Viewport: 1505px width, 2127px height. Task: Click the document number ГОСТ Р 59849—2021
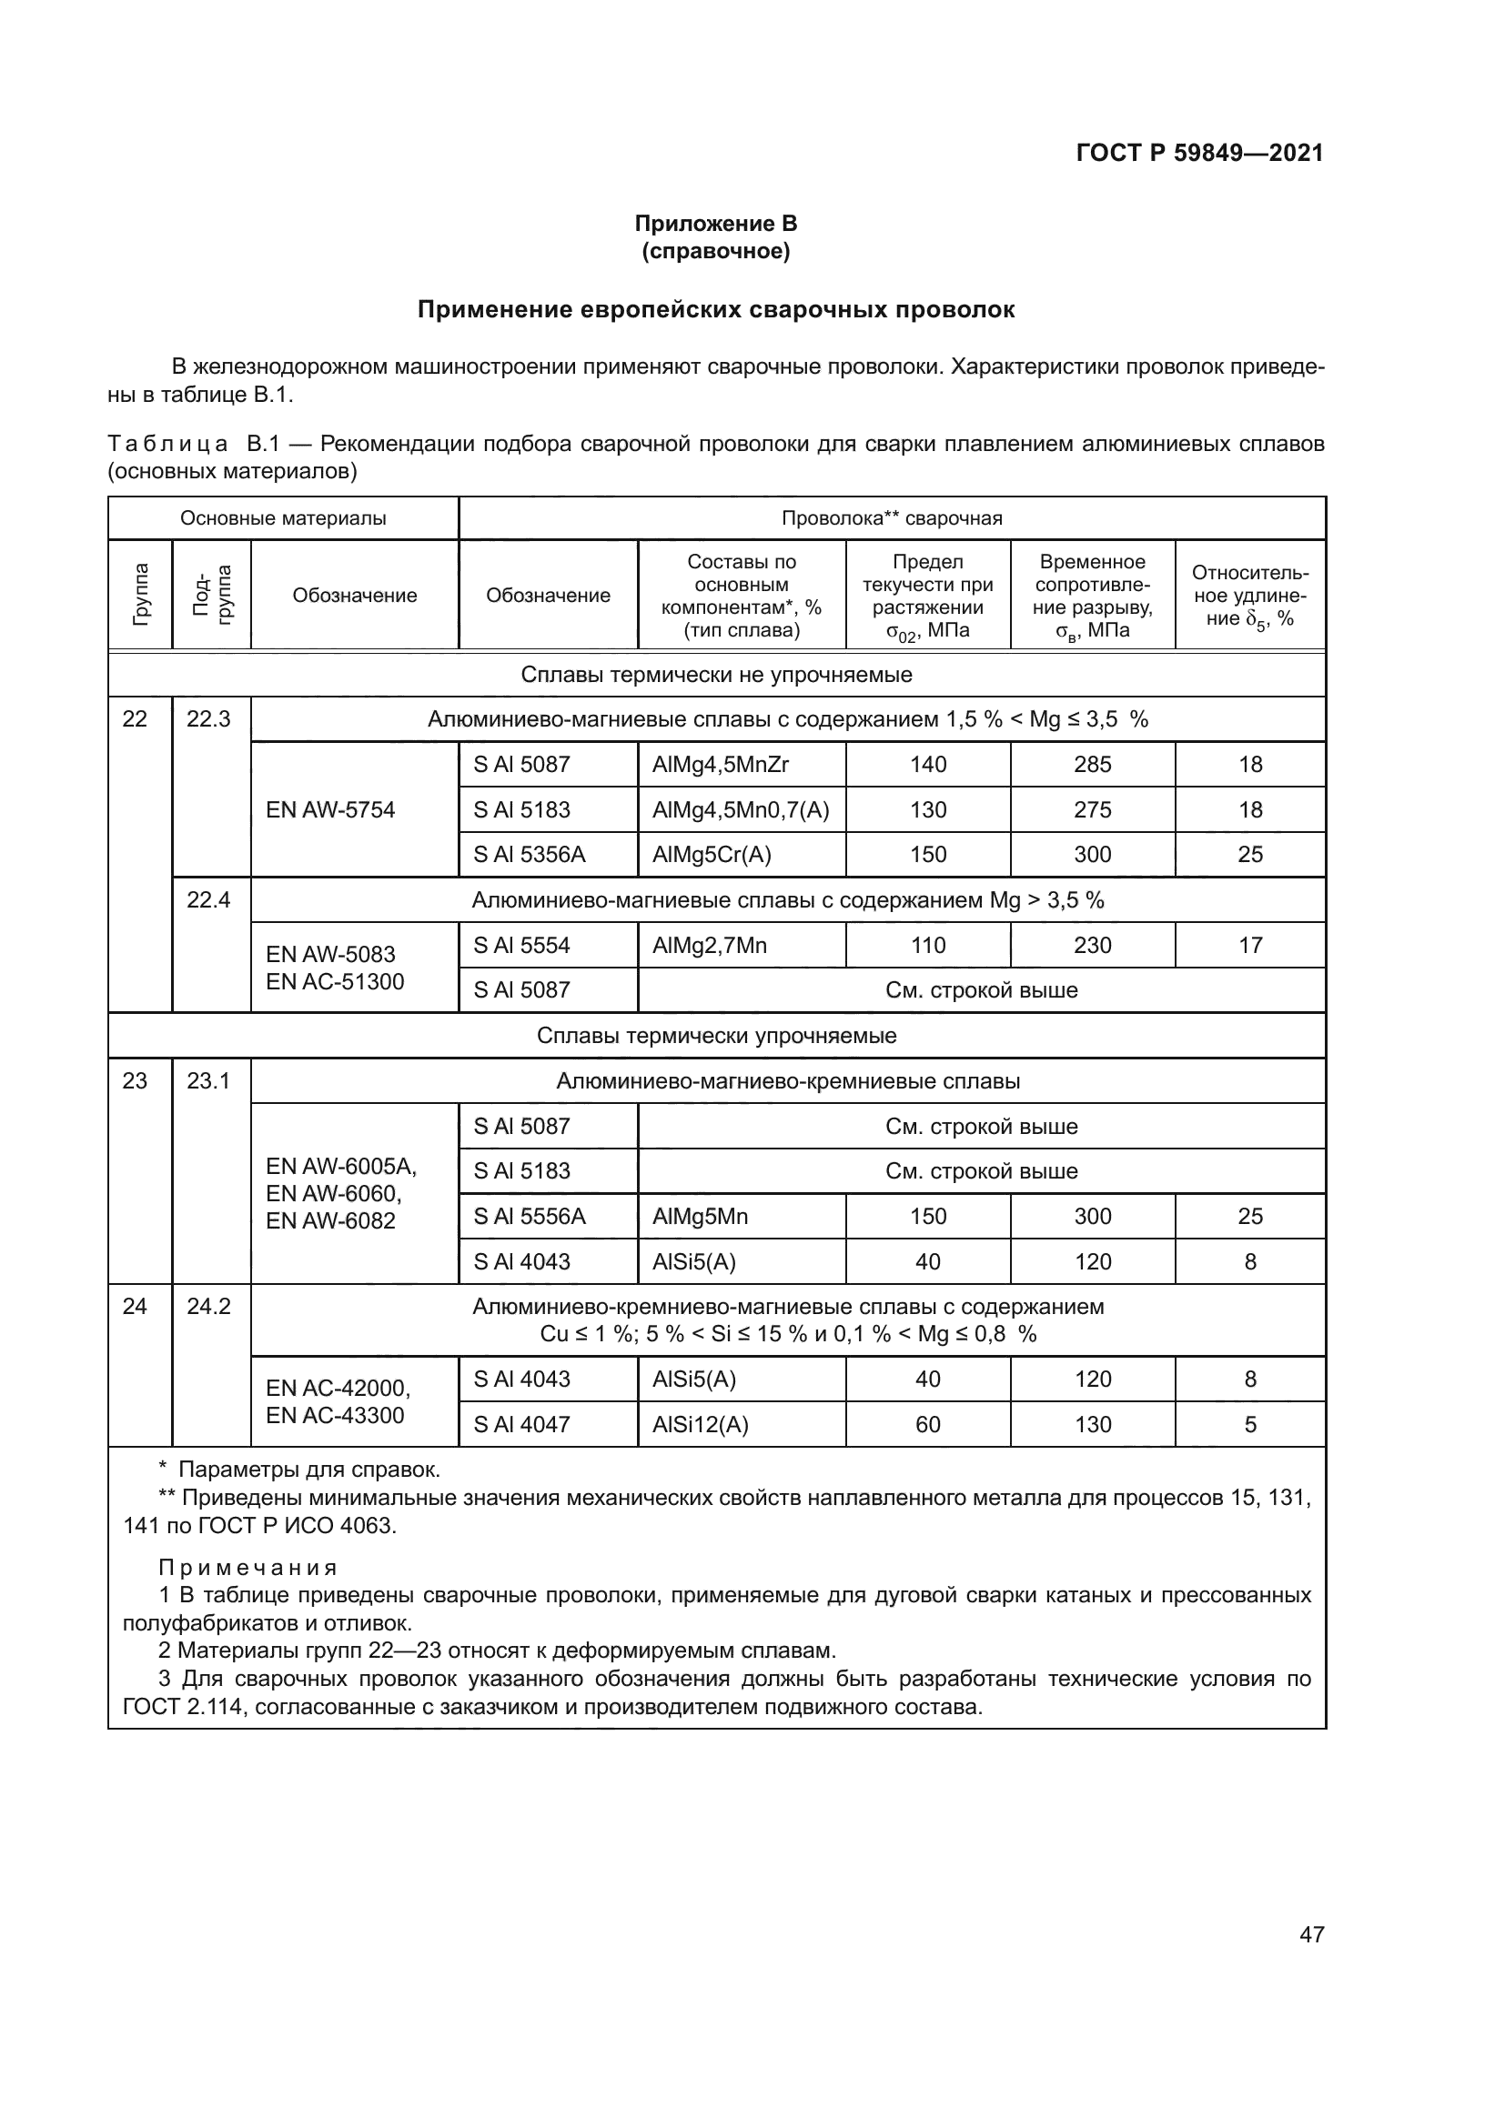tap(1199, 153)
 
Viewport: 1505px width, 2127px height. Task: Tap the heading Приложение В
tap(715, 224)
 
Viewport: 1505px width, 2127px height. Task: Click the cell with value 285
tap(1092, 764)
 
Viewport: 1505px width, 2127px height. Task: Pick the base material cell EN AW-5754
tap(330, 809)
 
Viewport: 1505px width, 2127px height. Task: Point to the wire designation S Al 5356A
tap(530, 854)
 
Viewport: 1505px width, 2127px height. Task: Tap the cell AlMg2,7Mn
tap(709, 945)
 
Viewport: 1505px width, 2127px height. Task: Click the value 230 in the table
tap(1092, 945)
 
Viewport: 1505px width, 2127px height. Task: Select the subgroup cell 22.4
tap(208, 899)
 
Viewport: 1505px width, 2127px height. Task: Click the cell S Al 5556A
tap(530, 1217)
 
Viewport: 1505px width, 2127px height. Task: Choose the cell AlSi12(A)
tap(700, 1425)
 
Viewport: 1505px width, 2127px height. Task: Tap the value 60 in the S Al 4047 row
tap(927, 1425)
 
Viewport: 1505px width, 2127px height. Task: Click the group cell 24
tap(136, 1306)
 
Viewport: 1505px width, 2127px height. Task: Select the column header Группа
tap(140, 595)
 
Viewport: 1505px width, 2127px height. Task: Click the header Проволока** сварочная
tap(892, 517)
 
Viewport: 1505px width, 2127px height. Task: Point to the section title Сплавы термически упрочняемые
tap(716, 1036)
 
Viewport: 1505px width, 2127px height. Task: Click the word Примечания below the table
tap(247, 1568)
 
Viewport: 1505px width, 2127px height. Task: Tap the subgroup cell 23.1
tap(208, 1081)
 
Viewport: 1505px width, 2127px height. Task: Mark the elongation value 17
tap(1249, 945)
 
